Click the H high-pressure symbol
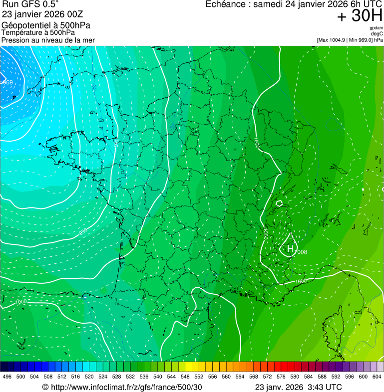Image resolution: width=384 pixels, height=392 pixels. [290, 248]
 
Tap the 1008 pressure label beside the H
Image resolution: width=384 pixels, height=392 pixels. [301, 252]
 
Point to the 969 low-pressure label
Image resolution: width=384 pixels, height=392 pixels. [6, 83]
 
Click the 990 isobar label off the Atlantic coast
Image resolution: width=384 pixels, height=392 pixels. [83, 231]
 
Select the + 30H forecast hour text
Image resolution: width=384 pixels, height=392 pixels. [360, 16]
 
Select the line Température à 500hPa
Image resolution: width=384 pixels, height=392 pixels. [41, 33]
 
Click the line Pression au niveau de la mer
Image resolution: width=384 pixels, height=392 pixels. [48, 40]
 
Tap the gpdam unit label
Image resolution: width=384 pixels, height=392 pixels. [377, 28]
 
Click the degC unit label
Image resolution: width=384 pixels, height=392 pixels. [377, 34]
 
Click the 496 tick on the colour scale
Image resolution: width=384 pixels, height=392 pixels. [7, 376]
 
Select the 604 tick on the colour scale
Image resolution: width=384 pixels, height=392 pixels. [377, 376]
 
